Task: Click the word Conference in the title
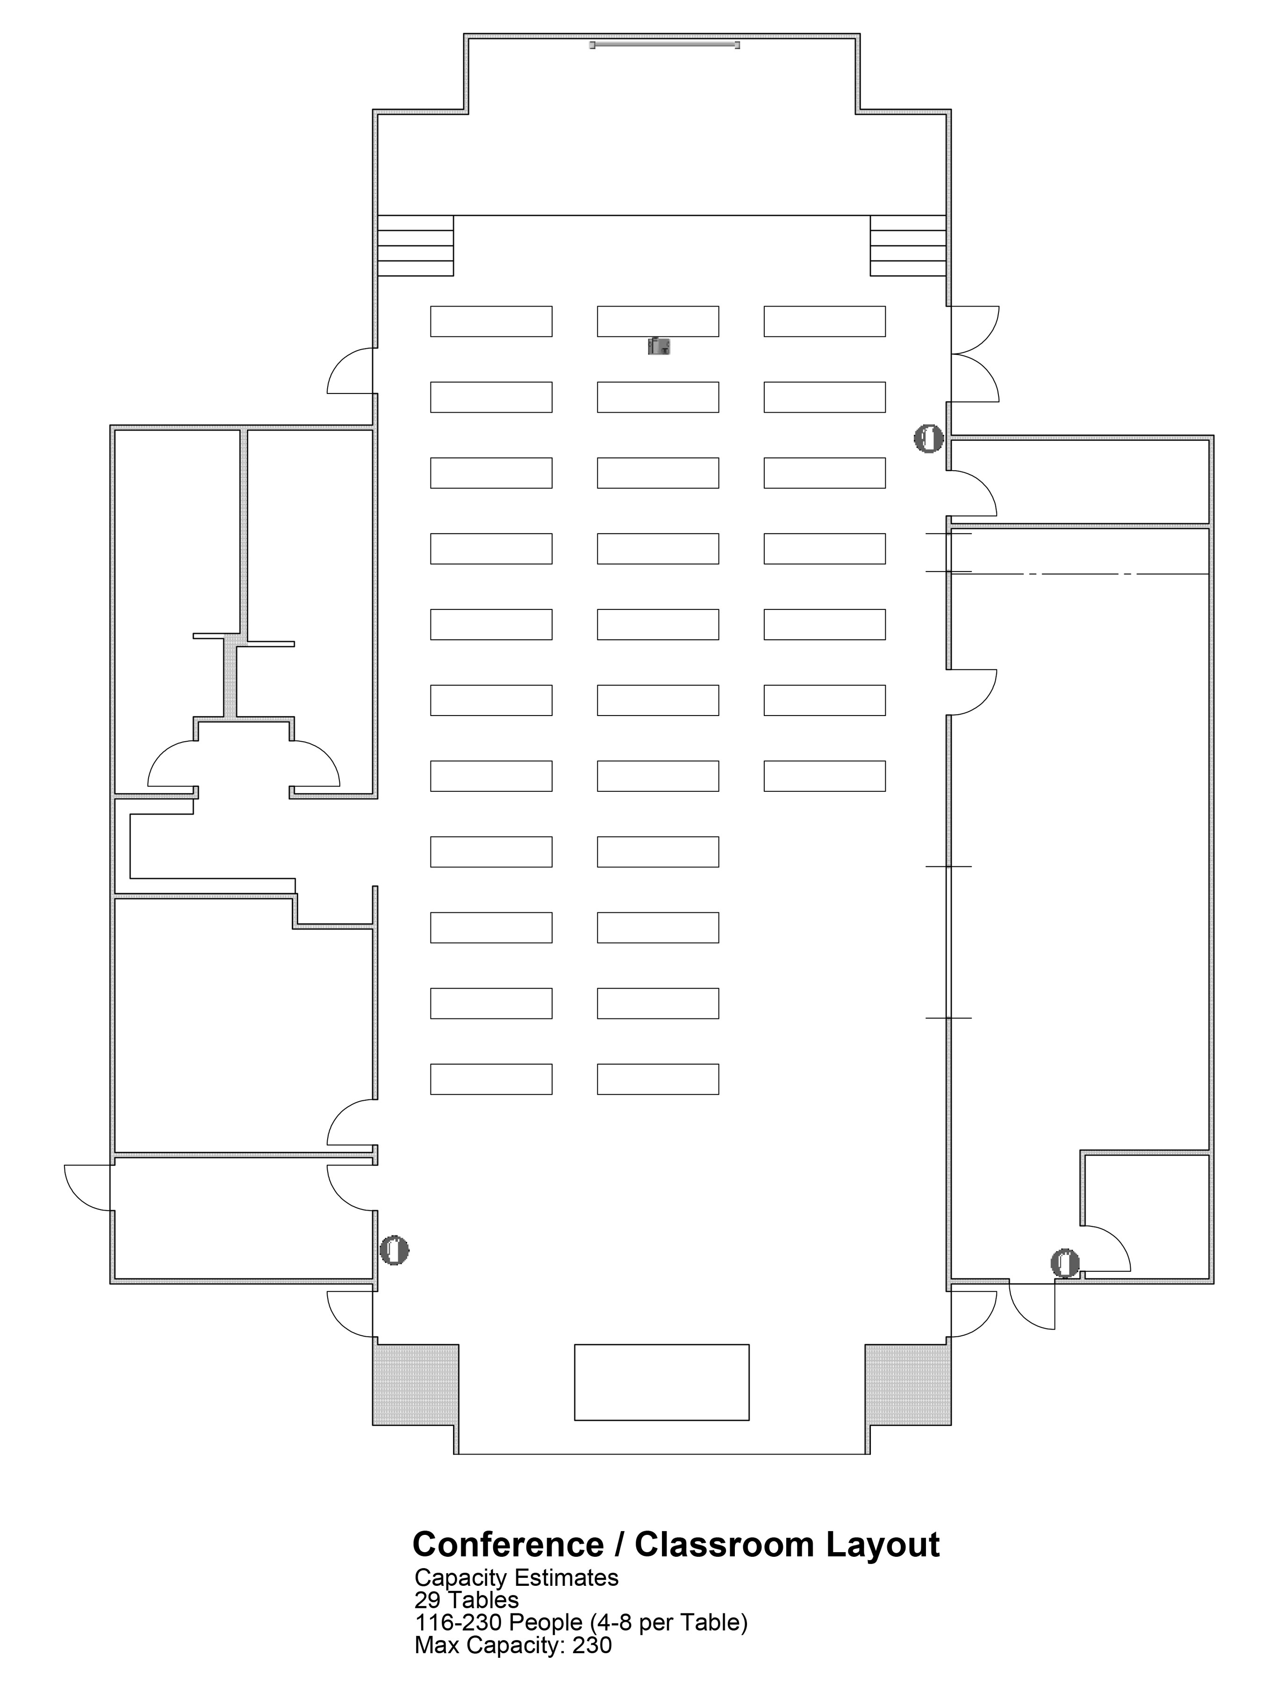click(508, 1545)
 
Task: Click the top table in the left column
click(491, 321)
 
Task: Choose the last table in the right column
click(825, 776)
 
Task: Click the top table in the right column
click(825, 321)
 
